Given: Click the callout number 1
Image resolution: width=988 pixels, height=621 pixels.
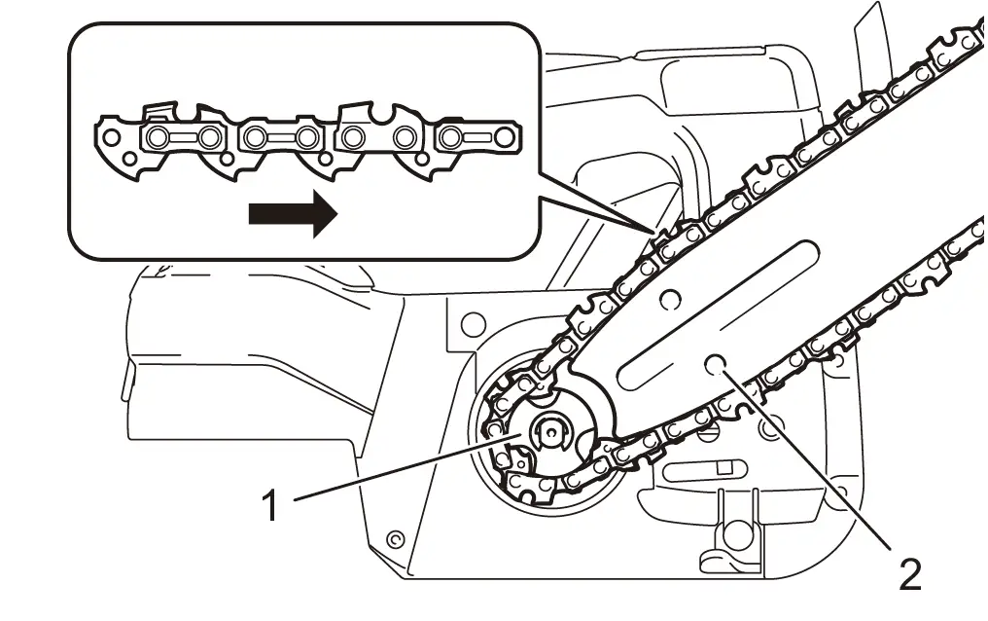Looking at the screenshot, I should pos(274,505).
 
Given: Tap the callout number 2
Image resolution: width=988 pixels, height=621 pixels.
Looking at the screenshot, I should pos(909,573).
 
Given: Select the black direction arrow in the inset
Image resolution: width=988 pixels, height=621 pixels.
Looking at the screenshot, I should pos(293,215).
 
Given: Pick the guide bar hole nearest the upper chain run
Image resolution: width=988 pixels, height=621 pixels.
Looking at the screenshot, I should pos(669,293).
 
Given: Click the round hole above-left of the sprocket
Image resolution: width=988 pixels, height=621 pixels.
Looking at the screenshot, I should pos(474,319).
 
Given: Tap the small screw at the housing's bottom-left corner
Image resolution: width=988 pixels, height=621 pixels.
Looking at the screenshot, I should pos(394,538).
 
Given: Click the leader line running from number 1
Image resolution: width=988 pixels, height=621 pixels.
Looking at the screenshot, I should pos(399,469).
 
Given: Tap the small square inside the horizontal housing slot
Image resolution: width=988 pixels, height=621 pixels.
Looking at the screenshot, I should pos(721,468).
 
